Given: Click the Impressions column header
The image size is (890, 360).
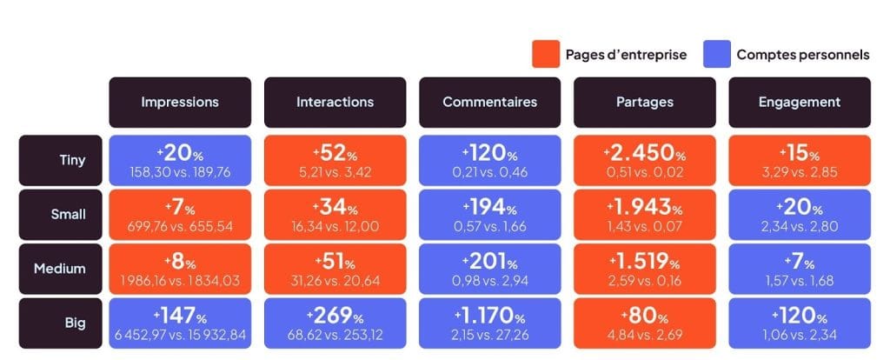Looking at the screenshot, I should tap(180, 102).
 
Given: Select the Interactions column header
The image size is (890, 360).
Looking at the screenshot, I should tap(335, 102).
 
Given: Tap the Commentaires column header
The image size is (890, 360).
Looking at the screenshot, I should tap(489, 102).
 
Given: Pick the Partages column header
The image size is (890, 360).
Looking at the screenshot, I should tap(645, 102).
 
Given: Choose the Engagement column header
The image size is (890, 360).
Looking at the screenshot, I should tap(799, 102).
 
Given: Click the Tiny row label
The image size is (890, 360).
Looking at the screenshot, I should tap(60, 160).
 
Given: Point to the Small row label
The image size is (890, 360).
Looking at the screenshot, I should tap(60, 214).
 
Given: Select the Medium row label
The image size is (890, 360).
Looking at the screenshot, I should tap(60, 269).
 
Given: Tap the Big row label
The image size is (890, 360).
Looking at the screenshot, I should tap(60, 323).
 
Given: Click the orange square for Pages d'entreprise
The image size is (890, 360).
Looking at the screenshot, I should tap(544, 55).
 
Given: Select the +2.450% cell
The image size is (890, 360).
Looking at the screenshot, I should tap(645, 160).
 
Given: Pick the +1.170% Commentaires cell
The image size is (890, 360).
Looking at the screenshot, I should tap(489, 323).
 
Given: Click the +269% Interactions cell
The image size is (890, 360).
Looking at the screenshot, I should tap(335, 323).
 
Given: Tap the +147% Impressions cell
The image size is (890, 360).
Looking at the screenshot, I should tap(180, 323).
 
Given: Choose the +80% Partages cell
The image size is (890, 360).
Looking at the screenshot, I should tap(645, 323).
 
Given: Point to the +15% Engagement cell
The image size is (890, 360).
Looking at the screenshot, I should tap(799, 160).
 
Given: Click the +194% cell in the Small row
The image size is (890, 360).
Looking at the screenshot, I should tap(489, 214).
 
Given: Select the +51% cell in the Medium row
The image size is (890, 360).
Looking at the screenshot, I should tap(335, 269).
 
